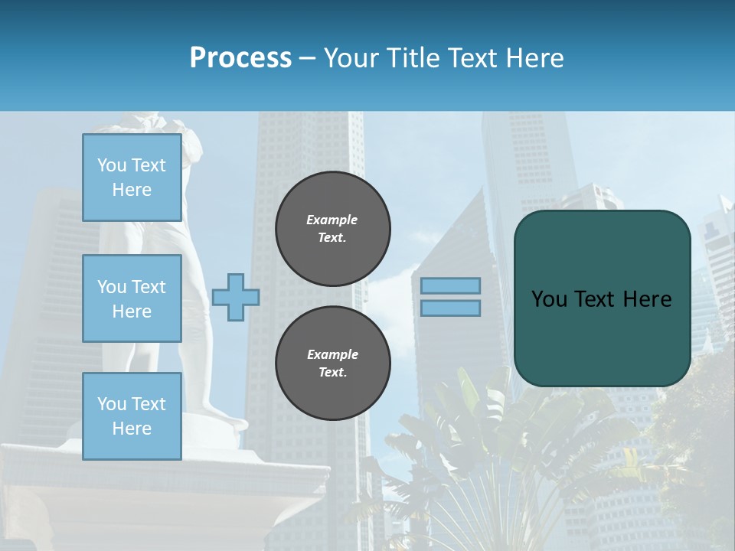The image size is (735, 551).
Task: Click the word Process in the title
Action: pyautogui.click(x=240, y=58)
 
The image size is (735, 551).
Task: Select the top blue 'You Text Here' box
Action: pyautogui.click(x=132, y=178)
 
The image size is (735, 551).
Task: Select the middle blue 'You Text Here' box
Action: pyautogui.click(x=132, y=298)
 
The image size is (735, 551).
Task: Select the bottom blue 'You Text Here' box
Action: pyautogui.click(x=132, y=416)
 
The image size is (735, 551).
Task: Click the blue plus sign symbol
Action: pyautogui.click(x=236, y=297)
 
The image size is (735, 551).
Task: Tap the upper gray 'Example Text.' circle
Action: pyautogui.click(x=333, y=229)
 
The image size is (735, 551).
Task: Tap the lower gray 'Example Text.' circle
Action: pyautogui.click(x=333, y=364)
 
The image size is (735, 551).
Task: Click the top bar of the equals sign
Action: pyautogui.click(x=451, y=285)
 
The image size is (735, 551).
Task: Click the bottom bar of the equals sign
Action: pyautogui.click(x=451, y=308)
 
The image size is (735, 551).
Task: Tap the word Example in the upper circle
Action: pyautogui.click(x=332, y=220)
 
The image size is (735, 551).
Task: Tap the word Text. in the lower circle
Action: pyautogui.click(x=332, y=373)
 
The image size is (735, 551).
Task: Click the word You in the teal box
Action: pyautogui.click(x=548, y=299)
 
